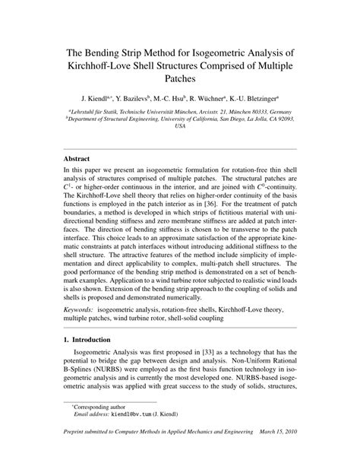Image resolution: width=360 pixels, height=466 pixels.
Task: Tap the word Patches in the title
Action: tap(180, 78)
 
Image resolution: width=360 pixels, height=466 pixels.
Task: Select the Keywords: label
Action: tap(83, 311)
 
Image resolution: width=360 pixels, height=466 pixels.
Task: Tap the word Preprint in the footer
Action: tap(78, 454)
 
